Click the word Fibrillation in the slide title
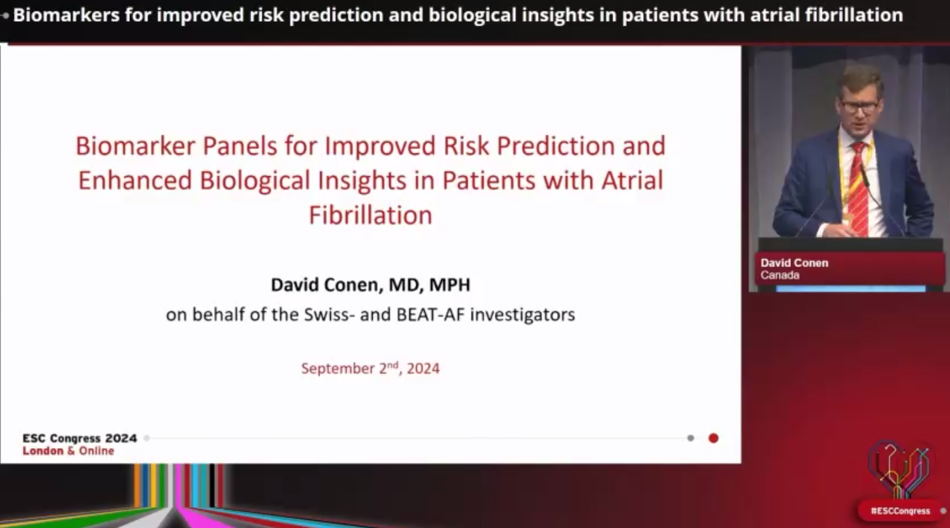[x=371, y=215]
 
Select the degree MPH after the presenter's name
[x=449, y=285]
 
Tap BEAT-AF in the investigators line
[x=430, y=314]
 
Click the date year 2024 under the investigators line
[x=423, y=368]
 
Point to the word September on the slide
[x=338, y=368]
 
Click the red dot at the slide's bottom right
[x=714, y=438]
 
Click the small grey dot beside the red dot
[x=690, y=438]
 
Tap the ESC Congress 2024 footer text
[x=80, y=438]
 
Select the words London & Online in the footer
[x=68, y=451]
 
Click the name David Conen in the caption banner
[x=794, y=263]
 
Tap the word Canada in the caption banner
[x=780, y=275]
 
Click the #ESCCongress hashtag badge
[x=901, y=511]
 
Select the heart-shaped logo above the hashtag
[x=898, y=469]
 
